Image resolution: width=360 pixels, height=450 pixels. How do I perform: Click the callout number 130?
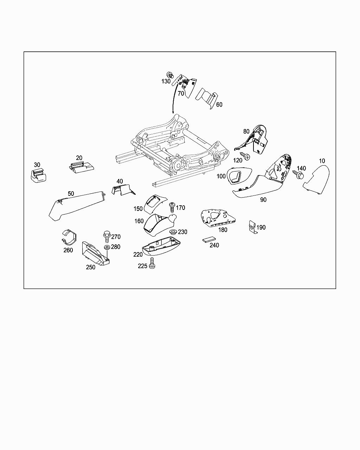tap(166, 81)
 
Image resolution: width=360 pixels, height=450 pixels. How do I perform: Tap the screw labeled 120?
tap(245, 156)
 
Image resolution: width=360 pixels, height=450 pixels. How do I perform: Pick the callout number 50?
tap(71, 193)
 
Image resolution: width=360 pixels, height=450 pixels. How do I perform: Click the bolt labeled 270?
tap(107, 237)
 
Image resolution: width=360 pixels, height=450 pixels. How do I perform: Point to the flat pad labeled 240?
tap(209, 239)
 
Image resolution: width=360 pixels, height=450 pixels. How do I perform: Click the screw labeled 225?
tap(152, 263)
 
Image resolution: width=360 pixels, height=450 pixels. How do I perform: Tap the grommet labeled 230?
tap(173, 232)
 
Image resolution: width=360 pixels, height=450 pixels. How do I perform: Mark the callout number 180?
tap(223, 230)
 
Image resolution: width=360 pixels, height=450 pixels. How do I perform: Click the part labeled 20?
tap(81, 167)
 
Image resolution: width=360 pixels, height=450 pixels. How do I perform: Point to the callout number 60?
tap(219, 104)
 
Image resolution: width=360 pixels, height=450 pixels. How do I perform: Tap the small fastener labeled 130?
tap(170, 75)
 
